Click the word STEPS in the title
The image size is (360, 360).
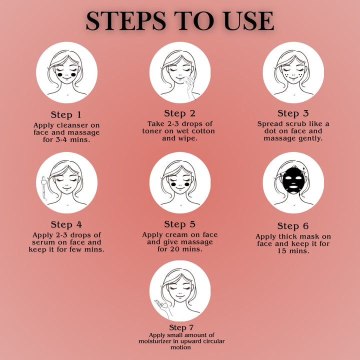pos(126,21)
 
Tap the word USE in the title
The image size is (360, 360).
pos(249,21)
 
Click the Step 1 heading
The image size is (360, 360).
pos(66,115)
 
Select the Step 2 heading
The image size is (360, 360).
pos(180,113)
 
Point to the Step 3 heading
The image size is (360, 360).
pos(293,113)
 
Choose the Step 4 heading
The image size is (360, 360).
pos(66,224)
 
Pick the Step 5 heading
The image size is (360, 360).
pos(180,224)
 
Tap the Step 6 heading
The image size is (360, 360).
pos(293,226)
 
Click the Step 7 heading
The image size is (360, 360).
pos(181,327)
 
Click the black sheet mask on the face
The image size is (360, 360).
pos(293,180)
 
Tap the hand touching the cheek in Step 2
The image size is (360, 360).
pos(190,87)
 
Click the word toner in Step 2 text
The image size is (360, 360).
pos(151,131)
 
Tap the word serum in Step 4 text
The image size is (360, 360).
pos(42,242)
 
